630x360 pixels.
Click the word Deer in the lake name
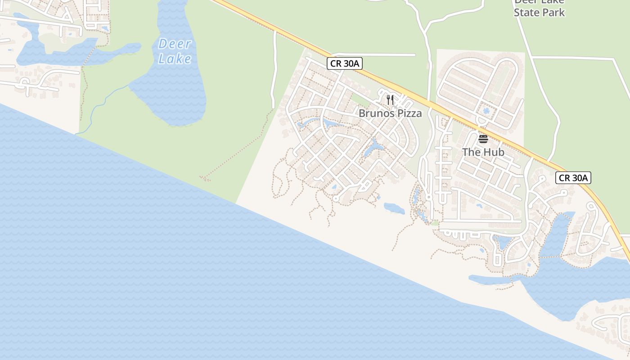(x=175, y=44)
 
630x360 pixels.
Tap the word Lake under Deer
(x=175, y=58)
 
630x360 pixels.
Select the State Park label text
(x=539, y=12)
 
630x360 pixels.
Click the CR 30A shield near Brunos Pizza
(x=345, y=63)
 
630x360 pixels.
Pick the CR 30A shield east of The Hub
(x=573, y=178)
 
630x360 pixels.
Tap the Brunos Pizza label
(x=390, y=113)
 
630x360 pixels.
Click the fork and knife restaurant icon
(x=390, y=100)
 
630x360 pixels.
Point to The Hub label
(x=483, y=152)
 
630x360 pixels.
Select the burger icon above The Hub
(x=483, y=139)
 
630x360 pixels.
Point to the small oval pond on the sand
(x=394, y=208)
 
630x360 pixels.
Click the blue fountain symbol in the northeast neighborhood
(x=485, y=111)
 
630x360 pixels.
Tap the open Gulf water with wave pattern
(x=135, y=247)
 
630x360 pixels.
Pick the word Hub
(x=493, y=152)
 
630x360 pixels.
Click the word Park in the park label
(x=553, y=12)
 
